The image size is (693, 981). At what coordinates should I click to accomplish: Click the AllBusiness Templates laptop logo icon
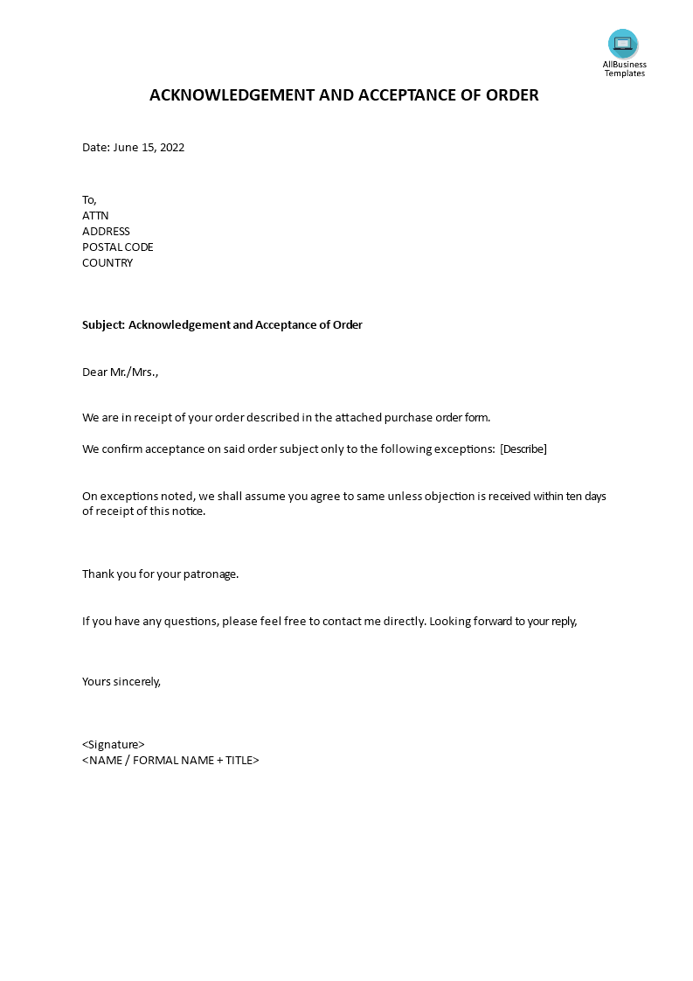[x=623, y=44]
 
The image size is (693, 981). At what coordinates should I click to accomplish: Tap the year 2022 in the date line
[x=171, y=148]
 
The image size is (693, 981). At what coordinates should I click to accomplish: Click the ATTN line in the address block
[x=95, y=216]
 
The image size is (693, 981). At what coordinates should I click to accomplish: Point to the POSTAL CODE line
[x=118, y=247]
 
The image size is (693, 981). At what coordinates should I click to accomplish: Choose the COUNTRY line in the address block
[x=107, y=263]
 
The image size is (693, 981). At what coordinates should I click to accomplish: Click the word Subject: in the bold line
[x=103, y=325]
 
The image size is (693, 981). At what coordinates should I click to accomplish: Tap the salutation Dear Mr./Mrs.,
[x=121, y=372]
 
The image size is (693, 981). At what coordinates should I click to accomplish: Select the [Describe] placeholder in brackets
[x=523, y=449]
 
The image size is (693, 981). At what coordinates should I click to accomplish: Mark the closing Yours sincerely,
[x=121, y=682]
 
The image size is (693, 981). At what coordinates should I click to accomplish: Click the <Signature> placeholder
[x=114, y=745]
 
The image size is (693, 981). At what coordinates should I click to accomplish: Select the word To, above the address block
[x=89, y=200]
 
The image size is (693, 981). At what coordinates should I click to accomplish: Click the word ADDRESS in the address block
[x=106, y=232]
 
